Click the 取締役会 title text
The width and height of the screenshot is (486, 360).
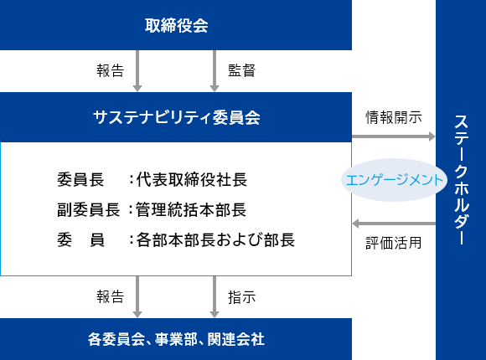(x=176, y=25)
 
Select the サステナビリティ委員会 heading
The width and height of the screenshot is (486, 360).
(x=176, y=117)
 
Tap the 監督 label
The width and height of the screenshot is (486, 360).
(x=242, y=70)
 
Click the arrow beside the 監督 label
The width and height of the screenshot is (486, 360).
(x=215, y=71)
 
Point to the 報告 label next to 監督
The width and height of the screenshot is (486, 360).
(x=111, y=70)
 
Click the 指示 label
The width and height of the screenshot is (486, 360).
(x=242, y=297)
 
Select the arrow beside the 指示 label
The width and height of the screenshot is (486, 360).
(x=215, y=297)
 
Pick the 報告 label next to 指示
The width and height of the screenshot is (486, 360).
(x=111, y=297)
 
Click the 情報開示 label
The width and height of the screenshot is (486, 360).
(x=394, y=117)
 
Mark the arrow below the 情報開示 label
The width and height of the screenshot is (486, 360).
(x=394, y=136)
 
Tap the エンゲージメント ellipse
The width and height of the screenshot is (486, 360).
(x=394, y=180)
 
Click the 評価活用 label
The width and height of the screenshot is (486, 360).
(x=394, y=243)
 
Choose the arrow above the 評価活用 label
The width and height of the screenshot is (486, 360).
(x=394, y=224)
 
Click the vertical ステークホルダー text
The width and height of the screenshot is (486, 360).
(x=461, y=180)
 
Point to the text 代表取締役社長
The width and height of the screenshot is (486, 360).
(x=192, y=180)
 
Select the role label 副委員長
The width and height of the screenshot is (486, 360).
(x=88, y=210)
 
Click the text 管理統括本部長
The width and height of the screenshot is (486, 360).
(x=191, y=210)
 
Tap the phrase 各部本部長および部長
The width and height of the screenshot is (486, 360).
(x=215, y=239)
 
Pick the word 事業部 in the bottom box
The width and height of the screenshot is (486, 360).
(x=176, y=339)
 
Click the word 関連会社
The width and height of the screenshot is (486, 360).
(x=236, y=339)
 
